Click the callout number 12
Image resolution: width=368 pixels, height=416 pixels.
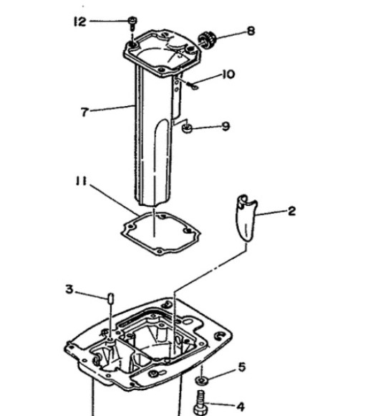[79, 22]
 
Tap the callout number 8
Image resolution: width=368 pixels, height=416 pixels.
[250, 31]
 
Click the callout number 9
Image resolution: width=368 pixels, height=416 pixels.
[226, 126]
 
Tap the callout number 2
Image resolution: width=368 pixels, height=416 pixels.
[291, 212]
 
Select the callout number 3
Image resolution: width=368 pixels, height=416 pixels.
[69, 289]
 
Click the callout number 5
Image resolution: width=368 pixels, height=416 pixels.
[241, 367]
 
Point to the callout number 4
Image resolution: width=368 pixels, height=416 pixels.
[241, 406]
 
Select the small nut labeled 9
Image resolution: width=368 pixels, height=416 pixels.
[185, 128]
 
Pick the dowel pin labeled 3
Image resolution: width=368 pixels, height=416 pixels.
[111, 297]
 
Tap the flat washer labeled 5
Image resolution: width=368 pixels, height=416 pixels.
[203, 378]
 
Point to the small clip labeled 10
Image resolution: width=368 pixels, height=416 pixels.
[195, 87]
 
